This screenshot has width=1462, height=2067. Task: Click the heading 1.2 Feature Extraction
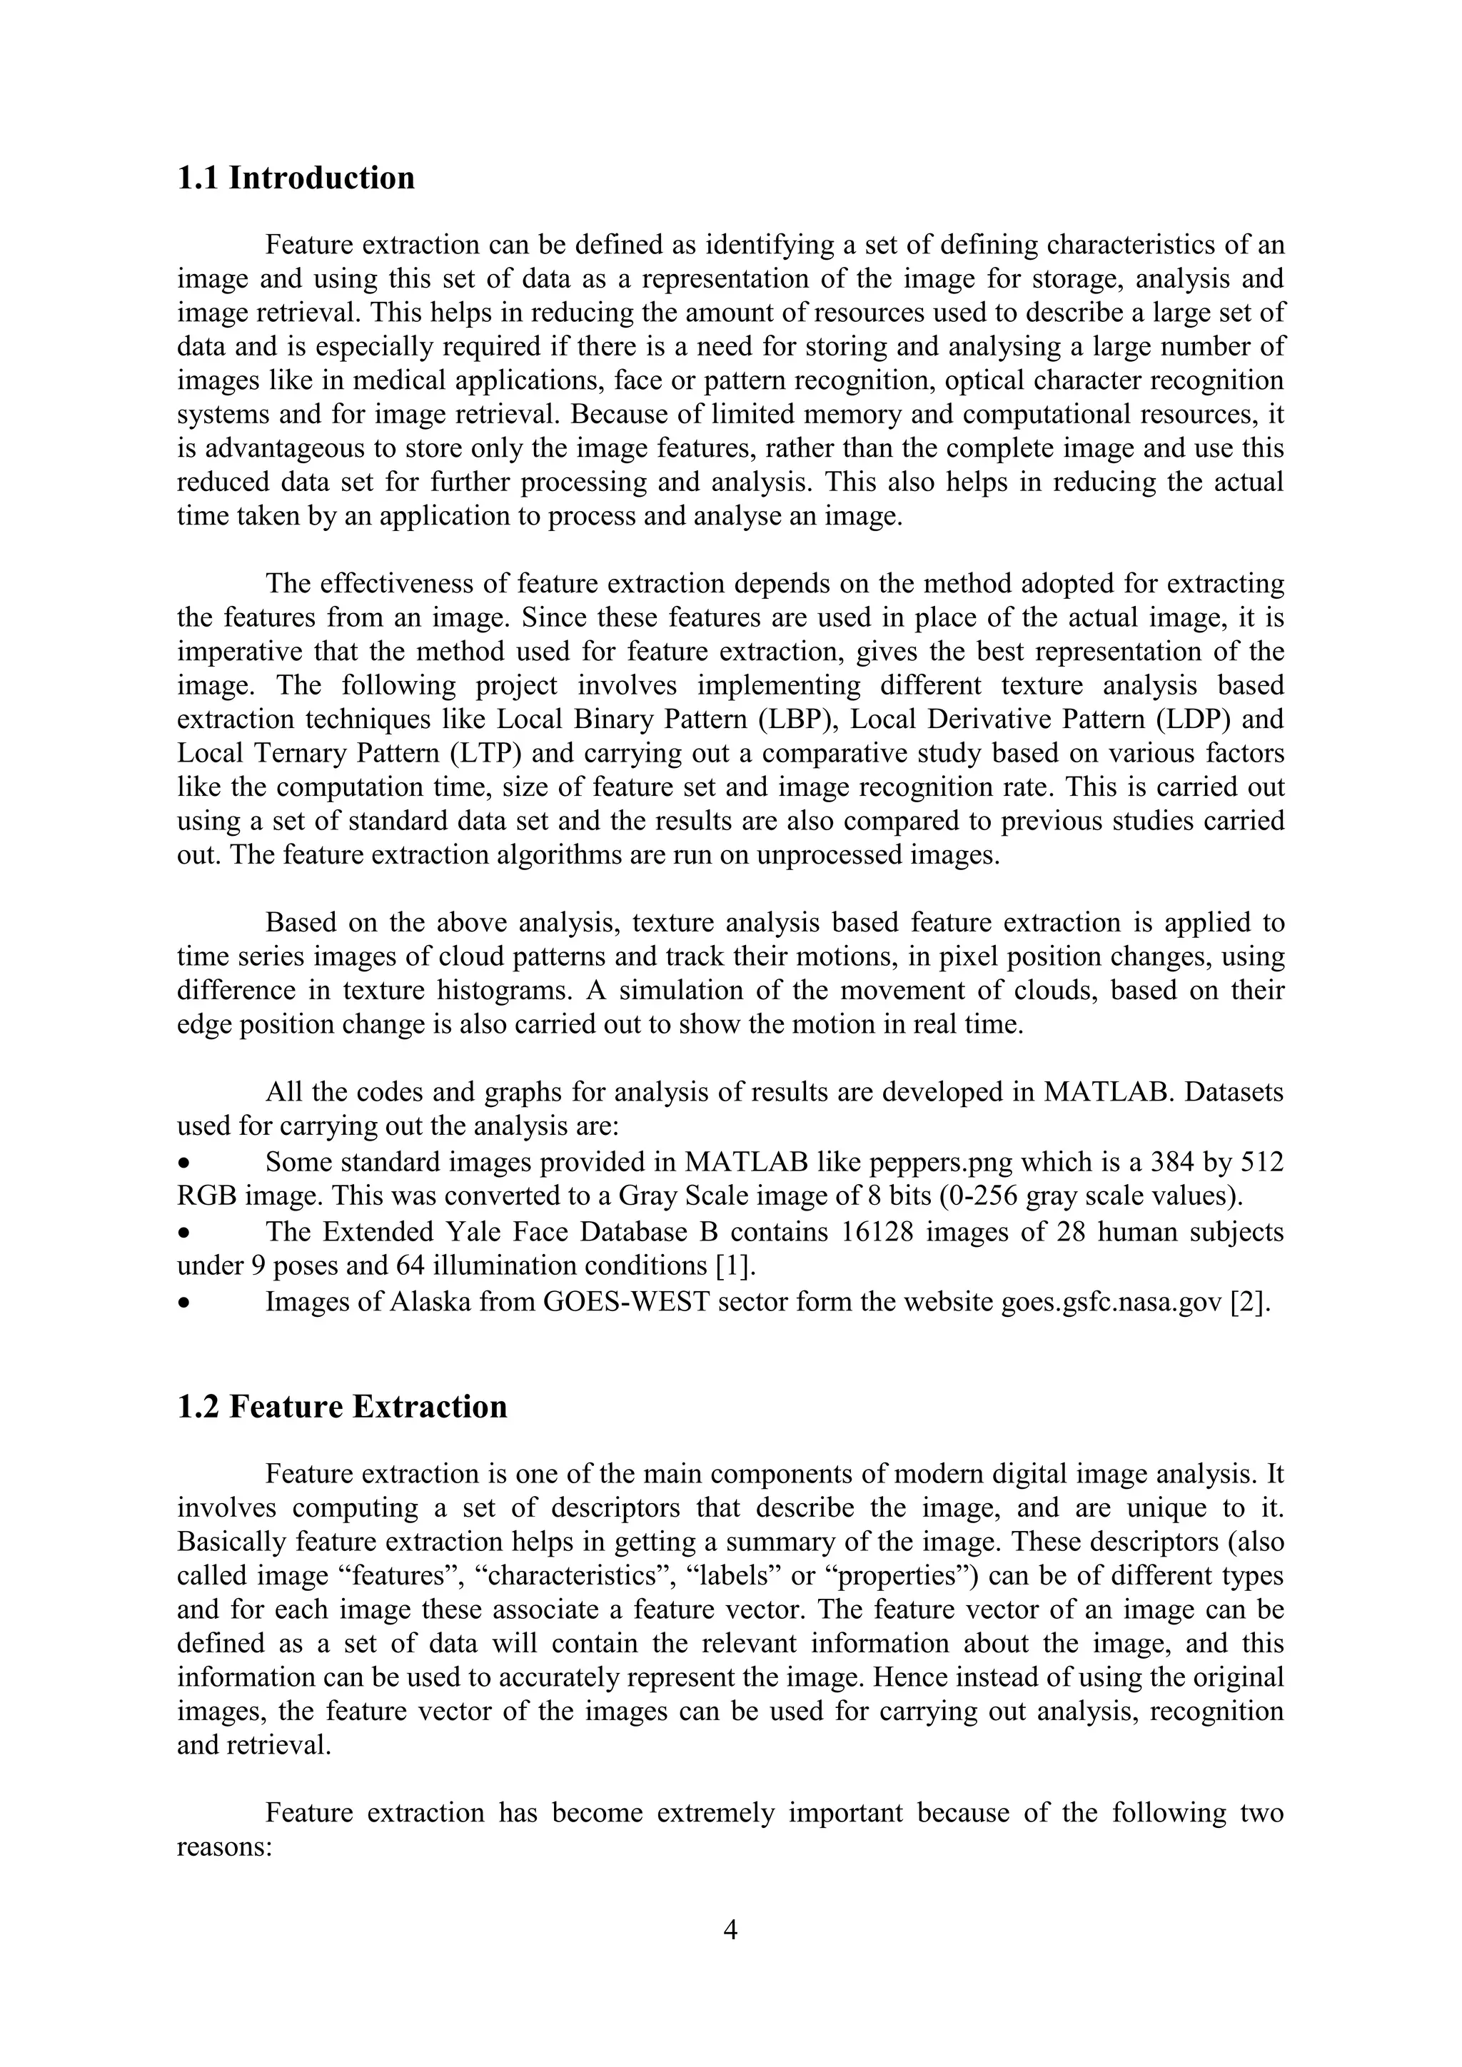coord(341,1406)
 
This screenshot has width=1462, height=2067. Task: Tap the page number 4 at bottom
coord(731,1929)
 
